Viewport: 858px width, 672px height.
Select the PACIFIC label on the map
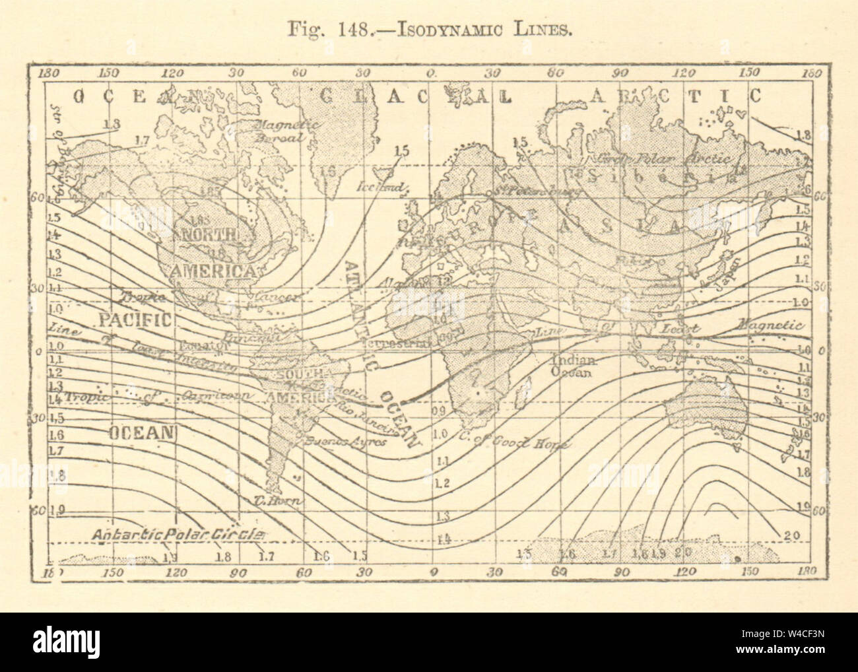click(x=135, y=321)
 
